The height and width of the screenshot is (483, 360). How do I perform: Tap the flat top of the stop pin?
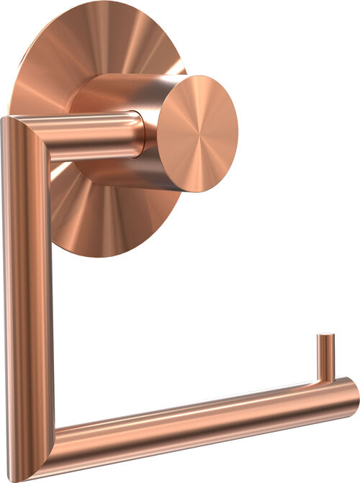(326, 336)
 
